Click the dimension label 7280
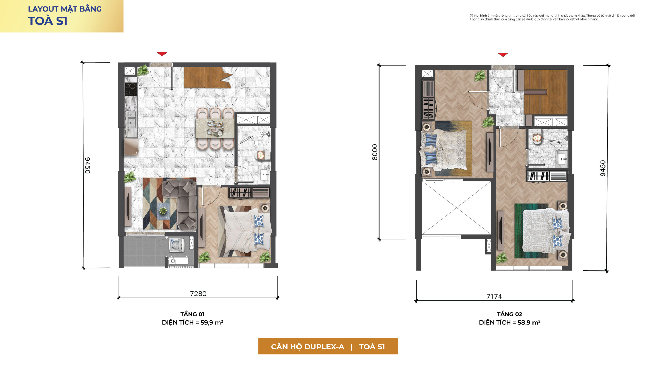tap(198, 294)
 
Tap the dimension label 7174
tap(494, 296)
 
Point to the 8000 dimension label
tap(375, 152)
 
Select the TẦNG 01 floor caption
tap(192, 314)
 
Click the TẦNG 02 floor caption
tap(509, 314)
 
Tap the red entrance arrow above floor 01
tap(162, 54)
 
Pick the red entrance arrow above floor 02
tap(503, 55)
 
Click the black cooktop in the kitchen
tap(131, 89)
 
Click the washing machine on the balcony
tap(177, 245)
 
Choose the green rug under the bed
tap(531, 231)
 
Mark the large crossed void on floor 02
tap(456, 208)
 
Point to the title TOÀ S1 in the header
tap(48, 21)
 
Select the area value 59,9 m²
tap(212, 322)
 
